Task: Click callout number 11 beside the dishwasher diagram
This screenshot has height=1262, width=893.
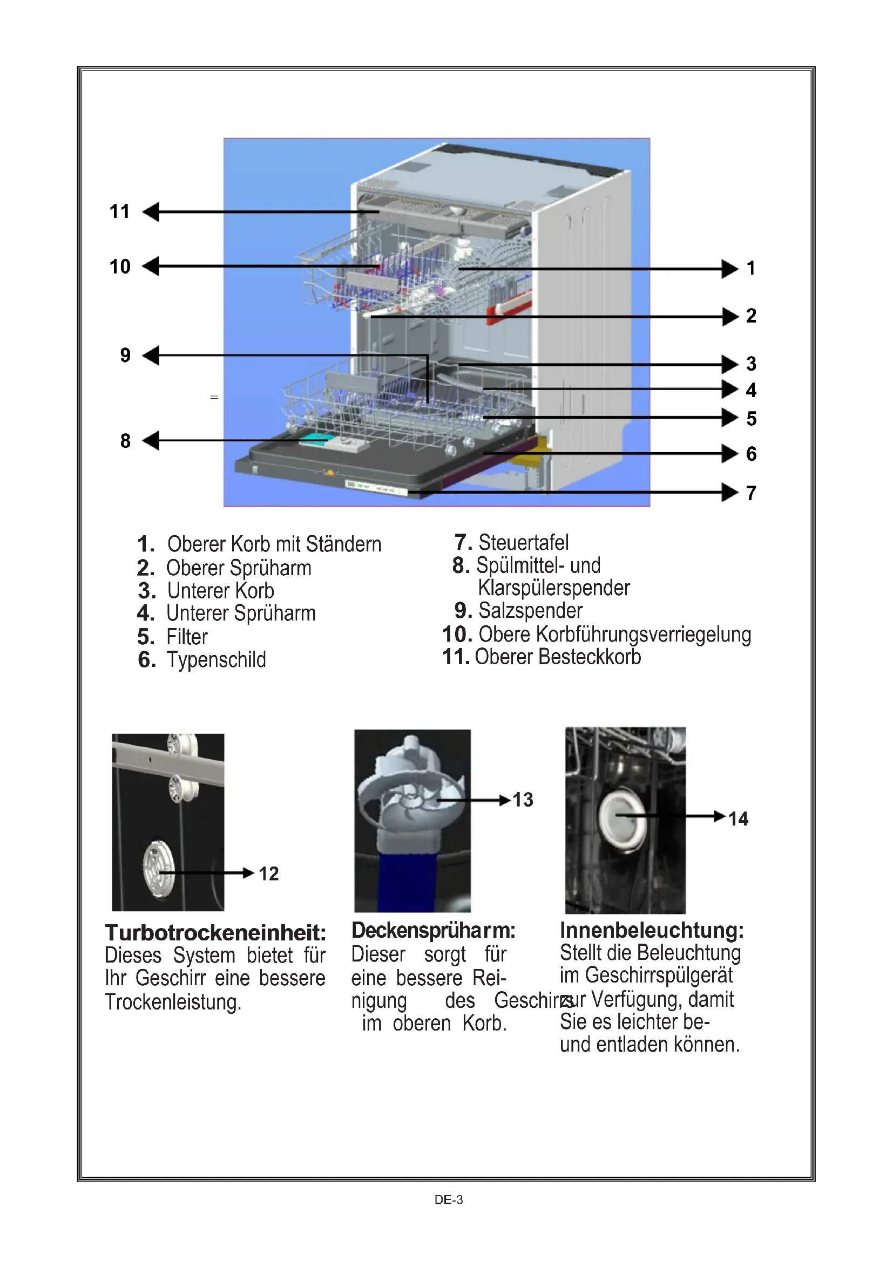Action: tap(119, 212)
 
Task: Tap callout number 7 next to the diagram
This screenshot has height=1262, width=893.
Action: tap(751, 494)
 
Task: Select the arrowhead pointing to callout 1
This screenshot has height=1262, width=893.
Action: tap(730, 269)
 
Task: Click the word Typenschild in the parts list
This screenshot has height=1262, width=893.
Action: tap(216, 659)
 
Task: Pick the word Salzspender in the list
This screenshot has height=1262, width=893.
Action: tap(530, 611)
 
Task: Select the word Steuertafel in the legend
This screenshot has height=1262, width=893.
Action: tap(524, 542)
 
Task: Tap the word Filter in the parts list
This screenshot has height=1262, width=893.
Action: tap(187, 637)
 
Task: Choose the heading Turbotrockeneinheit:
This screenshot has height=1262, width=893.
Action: tap(215, 933)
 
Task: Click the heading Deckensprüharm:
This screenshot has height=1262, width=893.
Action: tap(434, 931)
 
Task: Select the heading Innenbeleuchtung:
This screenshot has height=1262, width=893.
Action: tap(652, 930)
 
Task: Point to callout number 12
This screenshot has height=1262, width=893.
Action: tap(268, 874)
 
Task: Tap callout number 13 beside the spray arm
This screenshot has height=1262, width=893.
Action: tap(523, 800)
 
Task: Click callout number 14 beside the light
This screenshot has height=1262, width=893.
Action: tap(738, 819)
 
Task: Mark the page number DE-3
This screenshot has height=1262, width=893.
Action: tap(448, 1200)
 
